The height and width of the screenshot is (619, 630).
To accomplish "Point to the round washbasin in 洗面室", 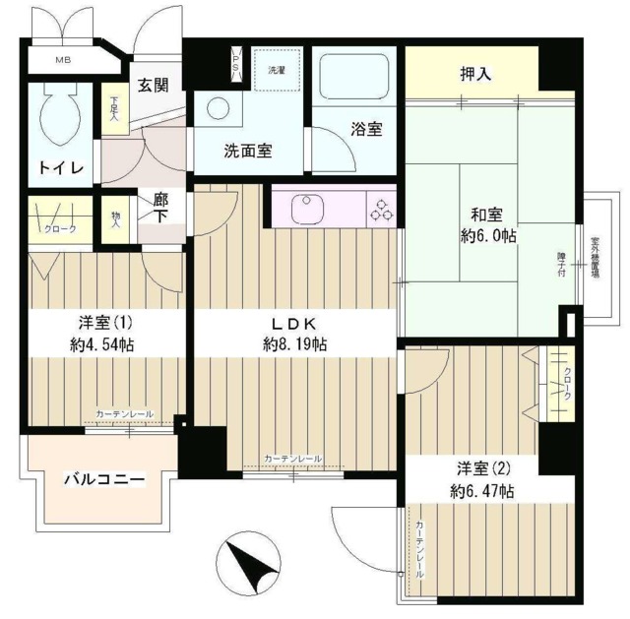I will [x=215, y=108].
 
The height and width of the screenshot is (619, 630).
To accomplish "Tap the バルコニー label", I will [x=104, y=479].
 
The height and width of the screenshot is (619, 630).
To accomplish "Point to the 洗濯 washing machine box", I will [x=276, y=70].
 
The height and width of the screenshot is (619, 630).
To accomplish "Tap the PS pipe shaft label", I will [x=235, y=62].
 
